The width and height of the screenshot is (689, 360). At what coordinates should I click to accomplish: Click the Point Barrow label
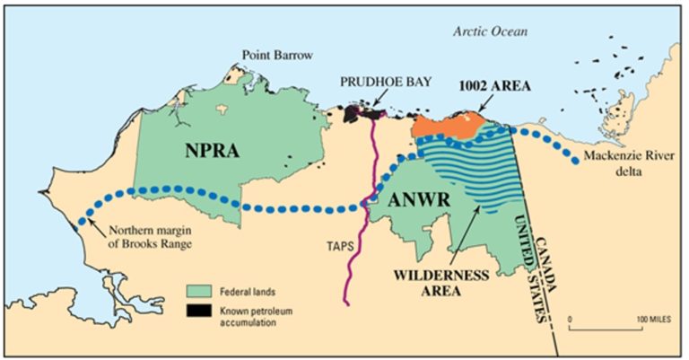[x=276, y=55]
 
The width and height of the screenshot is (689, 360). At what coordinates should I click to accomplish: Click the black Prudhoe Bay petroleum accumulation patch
[x=359, y=113]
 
